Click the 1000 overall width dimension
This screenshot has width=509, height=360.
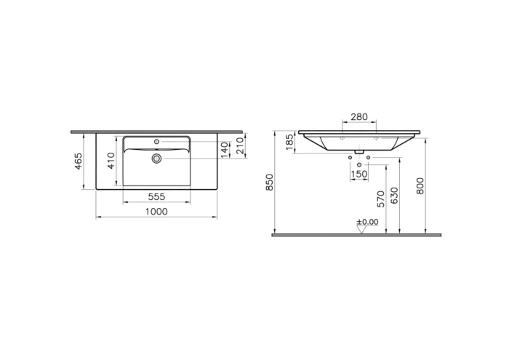(156, 211)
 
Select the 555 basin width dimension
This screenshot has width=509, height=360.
(156, 196)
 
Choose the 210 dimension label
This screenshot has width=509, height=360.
(241, 145)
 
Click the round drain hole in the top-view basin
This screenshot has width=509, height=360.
(156, 158)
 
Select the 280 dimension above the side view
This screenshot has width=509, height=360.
(359, 117)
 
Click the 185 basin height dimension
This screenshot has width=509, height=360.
(289, 141)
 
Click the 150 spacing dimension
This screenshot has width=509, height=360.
(359, 175)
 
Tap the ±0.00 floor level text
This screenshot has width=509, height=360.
(367, 222)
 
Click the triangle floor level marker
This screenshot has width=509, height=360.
(361, 230)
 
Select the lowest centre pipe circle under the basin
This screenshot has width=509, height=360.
(359, 166)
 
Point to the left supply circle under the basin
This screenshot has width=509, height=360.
(350, 158)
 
